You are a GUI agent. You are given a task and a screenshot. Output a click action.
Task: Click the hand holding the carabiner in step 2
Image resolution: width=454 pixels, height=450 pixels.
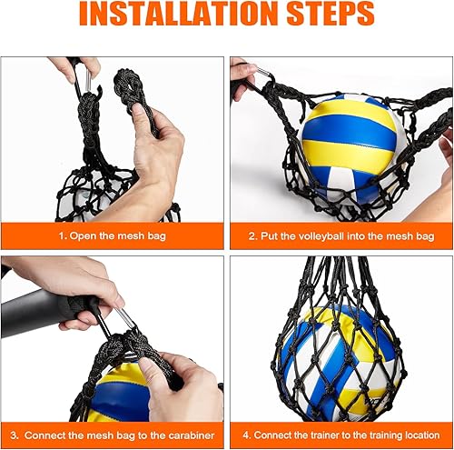[x=242, y=77]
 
